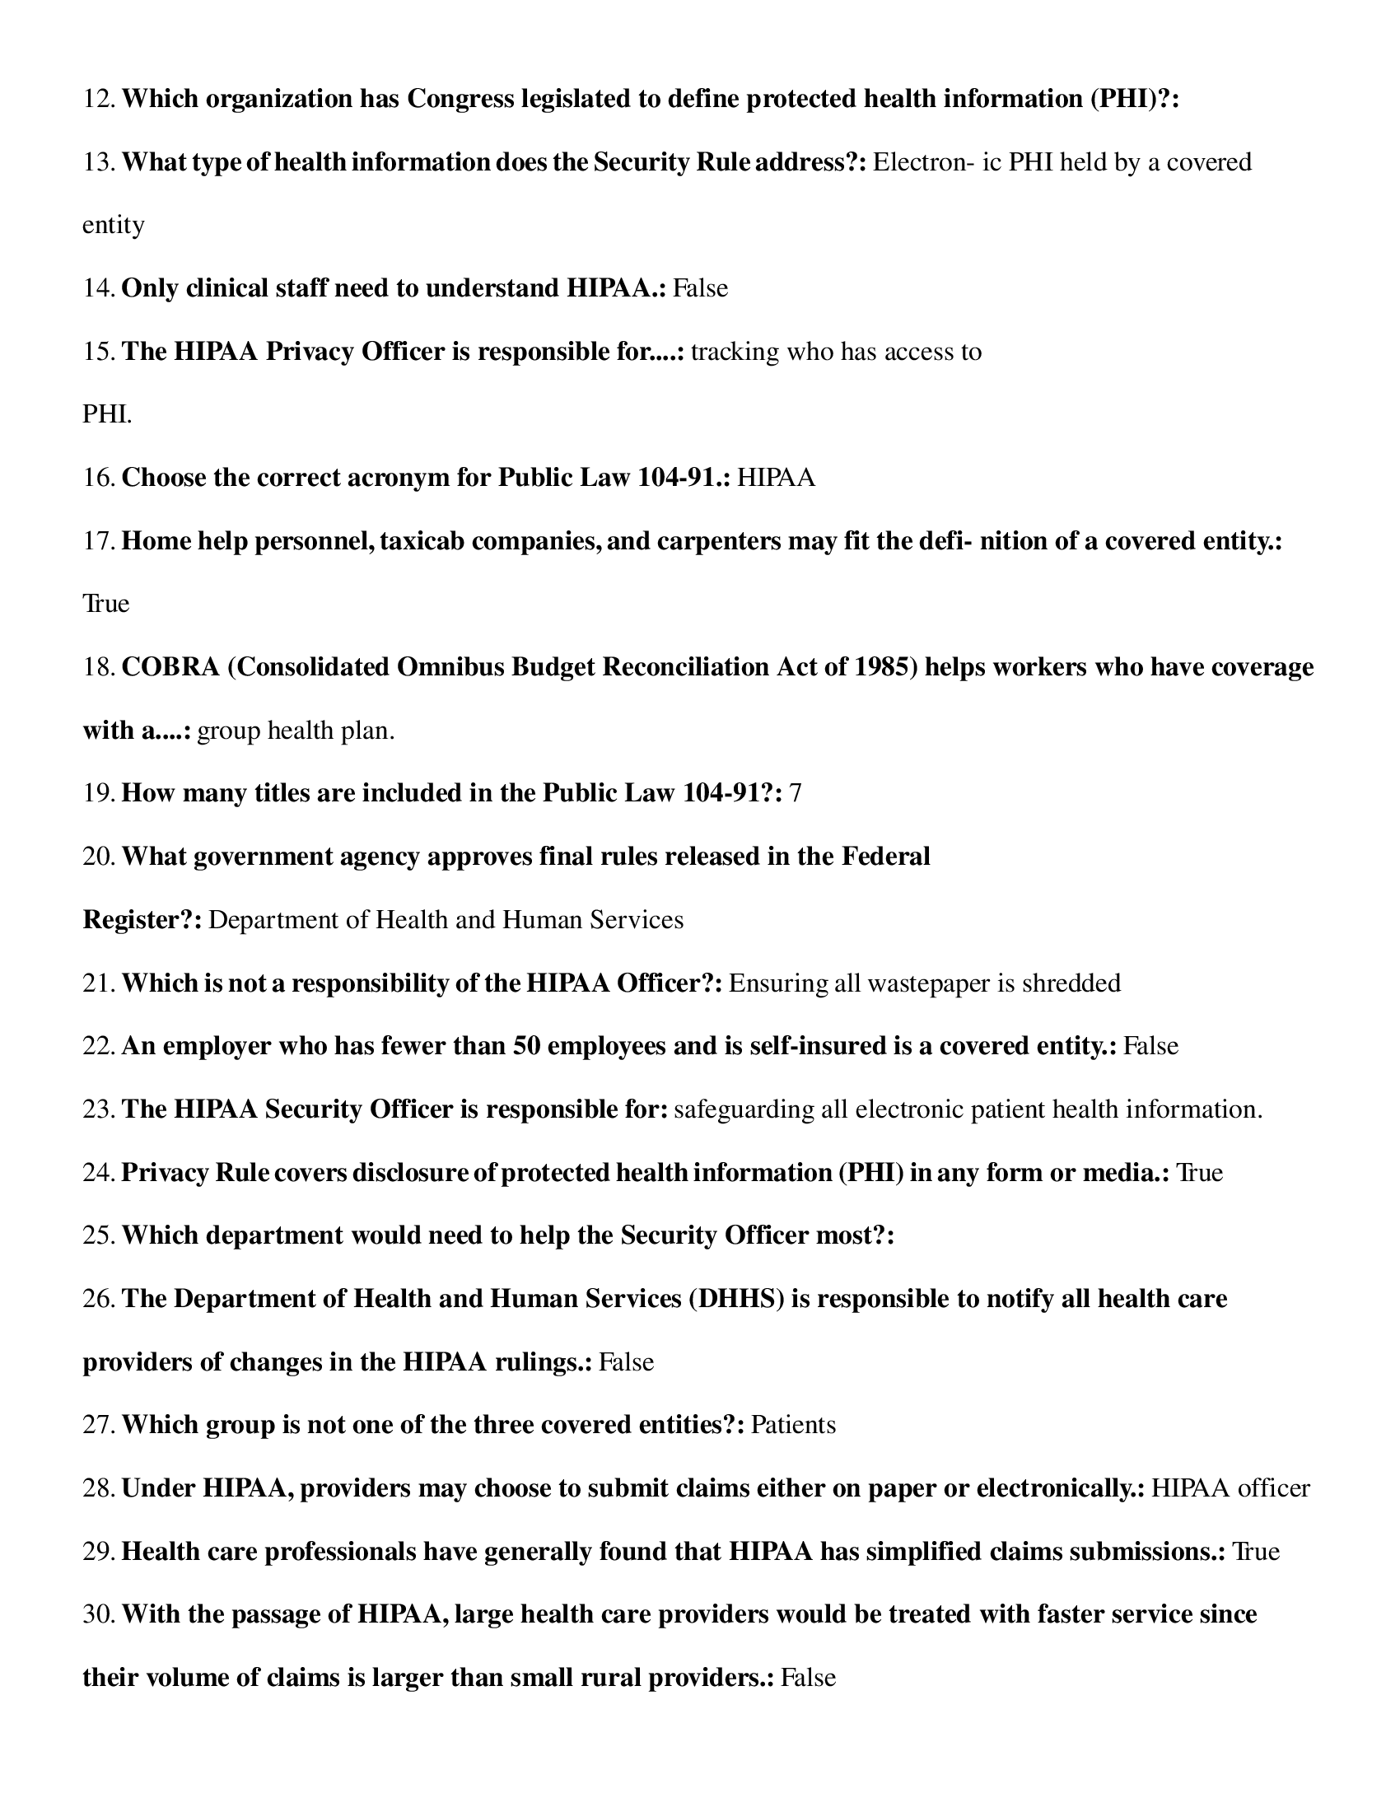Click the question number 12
[x=99, y=100]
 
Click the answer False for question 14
[x=700, y=289]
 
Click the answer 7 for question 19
[x=796, y=794]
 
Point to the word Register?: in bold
[x=142, y=920]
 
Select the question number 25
[x=99, y=1236]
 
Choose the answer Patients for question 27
[x=793, y=1426]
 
